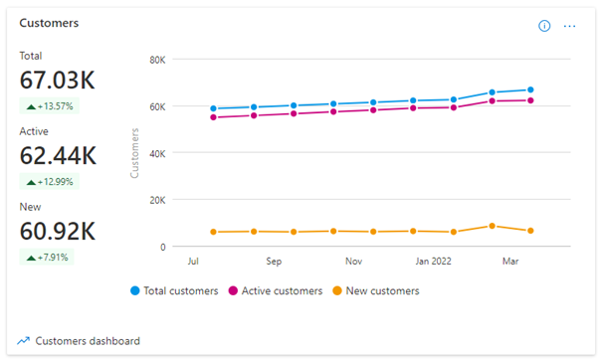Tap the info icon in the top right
(x=544, y=26)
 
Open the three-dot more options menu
(x=570, y=26)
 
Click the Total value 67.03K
(x=58, y=80)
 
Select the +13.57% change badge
(x=50, y=106)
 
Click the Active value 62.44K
(x=58, y=155)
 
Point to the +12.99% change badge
(x=50, y=182)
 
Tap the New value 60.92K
(x=58, y=231)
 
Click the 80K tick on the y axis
(x=156, y=60)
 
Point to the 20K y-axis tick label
(x=156, y=200)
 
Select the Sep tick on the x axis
(x=274, y=263)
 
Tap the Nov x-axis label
(x=353, y=263)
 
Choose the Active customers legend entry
(x=281, y=291)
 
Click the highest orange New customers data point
(x=492, y=226)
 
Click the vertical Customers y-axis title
(x=134, y=154)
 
